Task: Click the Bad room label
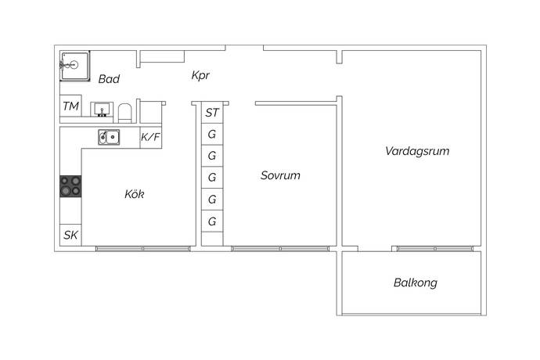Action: coord(108,79)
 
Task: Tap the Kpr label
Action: coord(200,76)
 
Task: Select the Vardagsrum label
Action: coord(417,151)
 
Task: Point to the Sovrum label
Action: coord(280,175)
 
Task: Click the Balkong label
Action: coord(415,283)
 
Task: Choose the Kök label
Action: coord(135,194)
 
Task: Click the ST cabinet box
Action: coord(212,113)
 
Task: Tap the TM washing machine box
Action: coord(70,106)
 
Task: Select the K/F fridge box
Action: coord(150,137)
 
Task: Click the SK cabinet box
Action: coord(70,235)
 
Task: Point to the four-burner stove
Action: coord(70,185)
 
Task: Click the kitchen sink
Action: coord(109,137)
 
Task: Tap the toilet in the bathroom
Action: coord(124,110)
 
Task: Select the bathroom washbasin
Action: coord(101,110)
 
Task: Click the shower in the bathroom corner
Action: coord(76,65)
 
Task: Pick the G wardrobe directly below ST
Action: coord(212,134)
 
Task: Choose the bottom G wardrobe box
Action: coord(212,221)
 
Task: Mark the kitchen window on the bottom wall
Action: coord(142,249)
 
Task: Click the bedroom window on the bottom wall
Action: coord(279,249)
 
